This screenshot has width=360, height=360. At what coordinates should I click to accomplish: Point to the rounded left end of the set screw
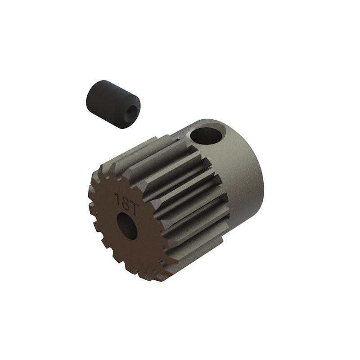tap(88, 97)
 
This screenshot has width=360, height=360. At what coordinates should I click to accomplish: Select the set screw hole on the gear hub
tap(207, 134)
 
